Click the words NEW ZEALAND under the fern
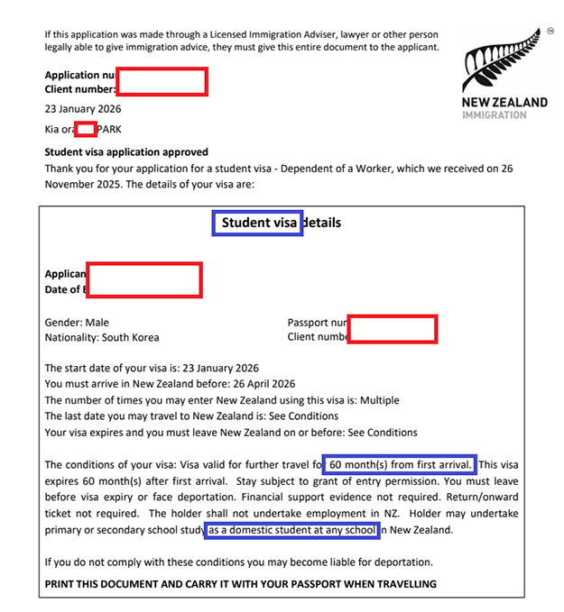click(x=504, y=102)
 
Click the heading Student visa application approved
click(x=126, y=152)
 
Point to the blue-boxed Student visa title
click(x=258, y=223)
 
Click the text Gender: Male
click(x=77, y=323)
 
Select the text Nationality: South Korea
click(x=102, y=338)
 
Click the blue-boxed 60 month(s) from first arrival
click(x=398, y=465)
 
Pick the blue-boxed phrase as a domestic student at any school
click(x=292, y=531)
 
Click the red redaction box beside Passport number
click(x=393, y=329)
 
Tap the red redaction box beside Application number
click(x=162, y=82)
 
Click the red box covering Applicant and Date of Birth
click(x=144, y=279)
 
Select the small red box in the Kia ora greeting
click(x=86, y=129)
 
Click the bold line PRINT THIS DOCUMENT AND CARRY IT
click(x=241, y=584)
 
